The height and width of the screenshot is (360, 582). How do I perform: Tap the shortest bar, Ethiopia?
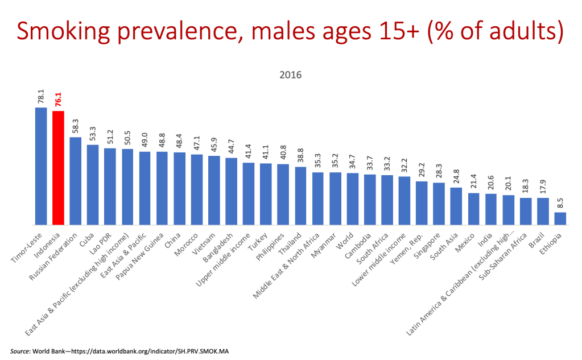[560, 219]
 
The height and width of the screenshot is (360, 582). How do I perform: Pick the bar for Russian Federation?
[76, 181]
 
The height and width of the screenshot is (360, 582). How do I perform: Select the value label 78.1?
[41, 96]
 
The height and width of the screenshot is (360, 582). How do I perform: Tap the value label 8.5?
[560, 202]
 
